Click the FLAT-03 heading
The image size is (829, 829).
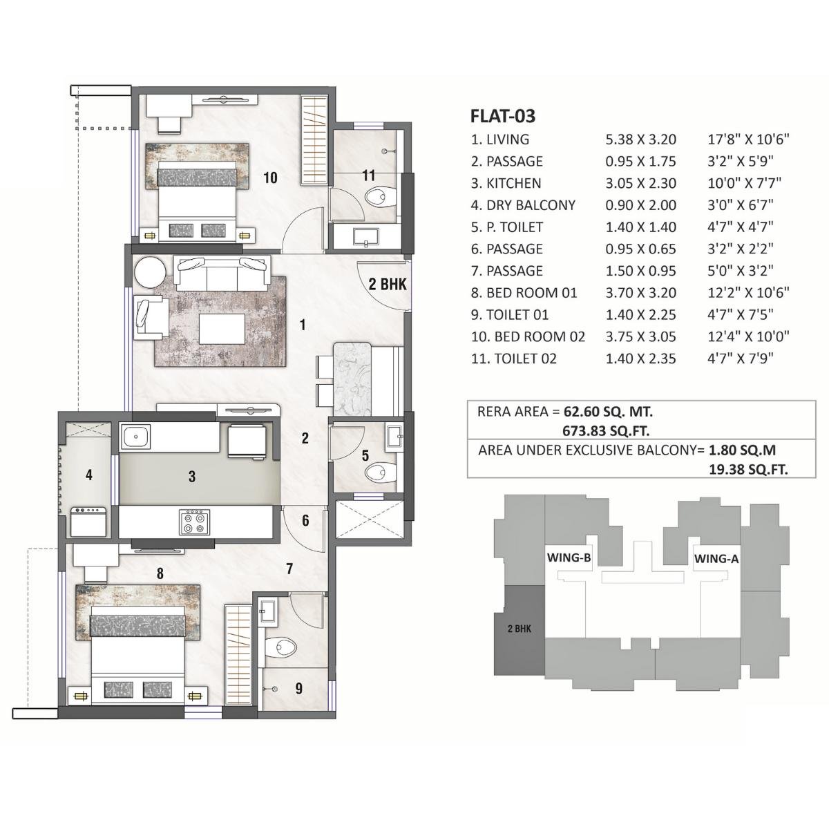pyautogui.click(x=502, y=115)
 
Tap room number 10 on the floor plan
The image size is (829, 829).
pyautogui.click(x=270, y=178)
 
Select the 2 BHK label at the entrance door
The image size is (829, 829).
pyautogui.click(x=388, y=284)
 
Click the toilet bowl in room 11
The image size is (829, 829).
pyautogui.click(x=378, y=198)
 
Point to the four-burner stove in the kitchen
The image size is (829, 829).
pyautogui.click(x=194, y=522)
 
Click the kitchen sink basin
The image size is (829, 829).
pyautogui.click(x=137, y=437)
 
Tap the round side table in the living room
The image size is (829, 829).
pyautogui.click(x=149, y=272)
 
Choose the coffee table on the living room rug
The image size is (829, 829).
pyautogui.click(x=222, y=327)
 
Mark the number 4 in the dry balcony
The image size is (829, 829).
pyautogui.click(x=88, y=475)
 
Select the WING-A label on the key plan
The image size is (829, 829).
pyautogui.click(x=716, y=559)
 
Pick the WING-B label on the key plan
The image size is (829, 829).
pyautogui.click(x=568, y=558)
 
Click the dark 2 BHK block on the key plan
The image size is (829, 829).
pyautogui.click(x=519, y=629)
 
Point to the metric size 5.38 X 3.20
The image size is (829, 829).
pyautogui.click(x=640, y=140)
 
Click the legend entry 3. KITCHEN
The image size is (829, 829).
pyautogui.click(x=506, y=183)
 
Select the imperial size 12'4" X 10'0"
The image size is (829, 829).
pyautogui.click(x=749, y=337)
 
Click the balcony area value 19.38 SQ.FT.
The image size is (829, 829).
pyautogui.click(x=749, y=469)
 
